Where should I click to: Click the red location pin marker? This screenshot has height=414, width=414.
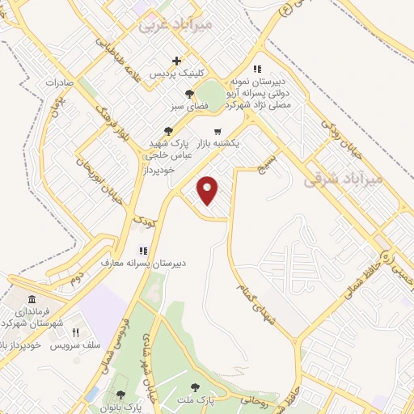[209, 190]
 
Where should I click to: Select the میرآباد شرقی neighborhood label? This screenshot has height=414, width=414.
[342, 180]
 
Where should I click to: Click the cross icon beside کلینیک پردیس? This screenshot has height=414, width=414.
[176, 61]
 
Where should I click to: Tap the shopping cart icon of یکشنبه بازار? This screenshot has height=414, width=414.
[217, 131]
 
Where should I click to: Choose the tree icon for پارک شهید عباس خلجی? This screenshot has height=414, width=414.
[167, 131]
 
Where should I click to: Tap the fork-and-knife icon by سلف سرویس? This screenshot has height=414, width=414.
[76, 332]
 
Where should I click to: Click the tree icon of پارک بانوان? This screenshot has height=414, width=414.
[120, 395]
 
